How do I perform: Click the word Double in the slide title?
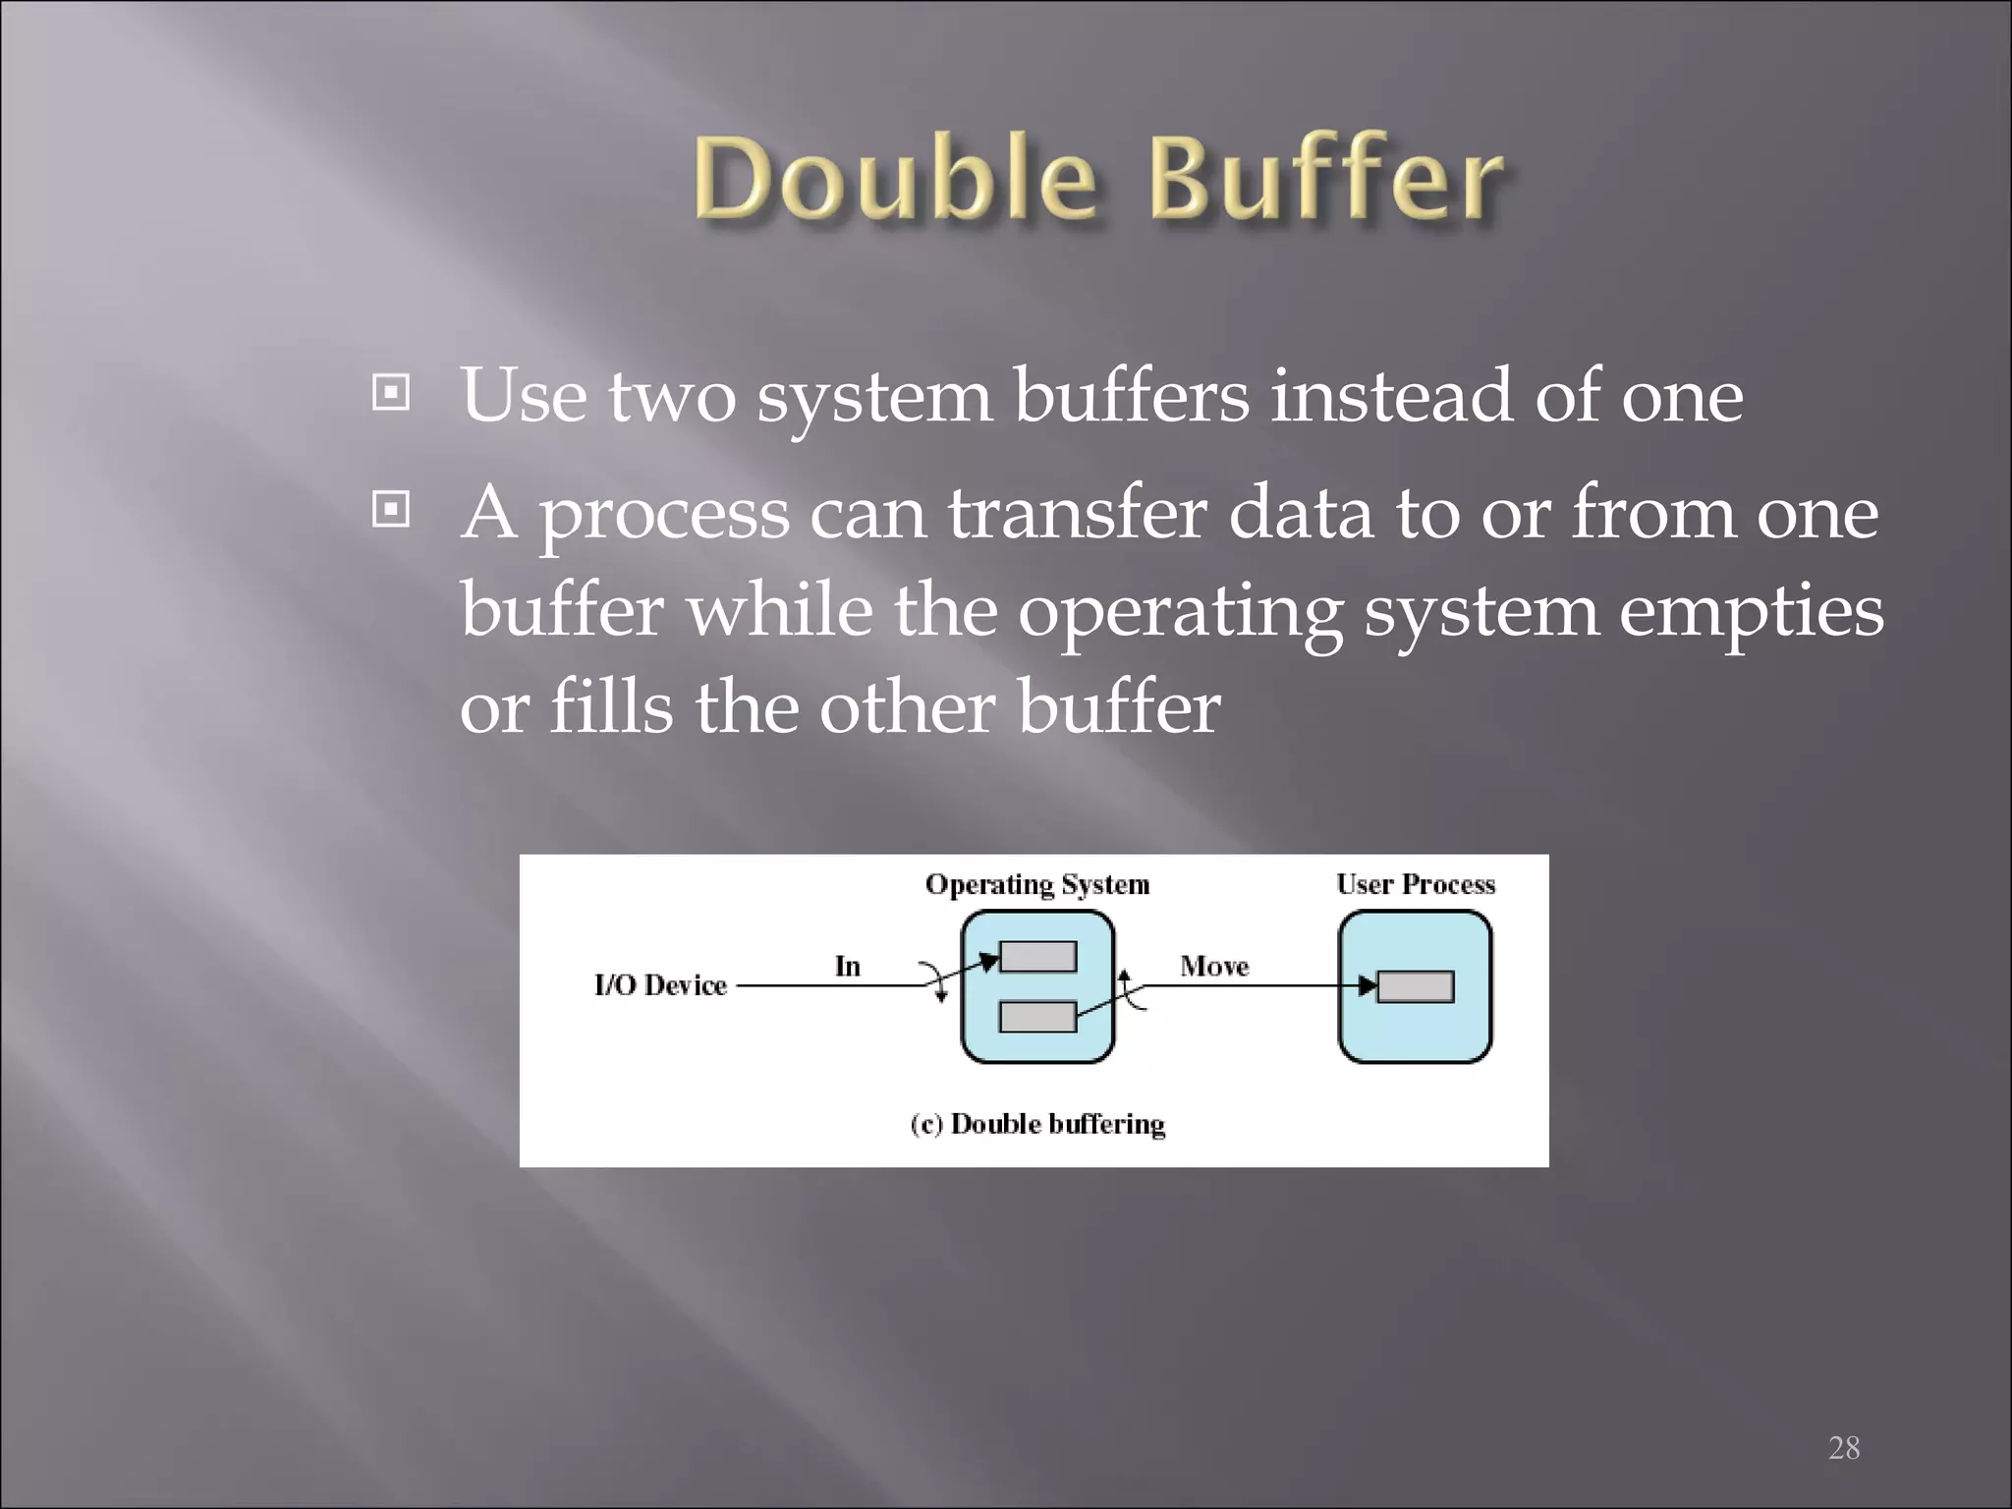coord(894,179)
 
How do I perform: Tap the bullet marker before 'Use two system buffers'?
coord(391,394)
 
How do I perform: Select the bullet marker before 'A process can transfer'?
coord(391,510)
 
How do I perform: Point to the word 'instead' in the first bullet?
coord(1391,395)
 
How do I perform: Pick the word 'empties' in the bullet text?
coord(1751,611)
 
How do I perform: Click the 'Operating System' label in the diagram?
coord(1036,884)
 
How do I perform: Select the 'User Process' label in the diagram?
coord(1415,884)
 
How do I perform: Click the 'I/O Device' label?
coord(660,985)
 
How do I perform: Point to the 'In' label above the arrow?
coord(847,967)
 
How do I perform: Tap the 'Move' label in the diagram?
coord(1214,967)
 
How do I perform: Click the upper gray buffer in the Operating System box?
coord(1037,956)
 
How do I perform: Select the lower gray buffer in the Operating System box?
coord(1037,1017)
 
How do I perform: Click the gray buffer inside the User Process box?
coord(1415,986)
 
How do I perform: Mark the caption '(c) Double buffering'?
coord(1037,1124)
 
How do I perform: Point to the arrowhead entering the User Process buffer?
coord(1367,985)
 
